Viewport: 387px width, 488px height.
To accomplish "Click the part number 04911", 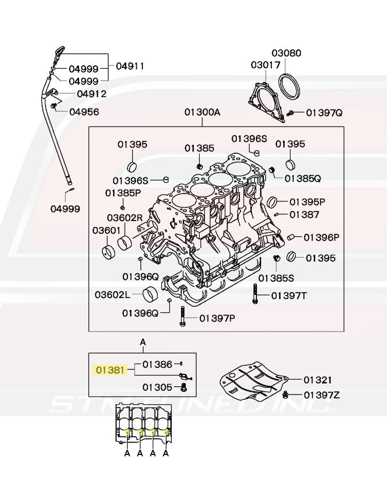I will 130,66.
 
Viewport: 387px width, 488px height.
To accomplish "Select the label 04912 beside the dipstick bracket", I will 91,94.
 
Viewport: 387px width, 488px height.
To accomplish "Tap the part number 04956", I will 84,112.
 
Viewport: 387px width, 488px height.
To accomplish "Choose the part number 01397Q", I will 324,113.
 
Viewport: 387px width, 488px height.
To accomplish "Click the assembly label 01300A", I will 202,113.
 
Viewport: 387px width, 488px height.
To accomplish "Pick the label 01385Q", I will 302,178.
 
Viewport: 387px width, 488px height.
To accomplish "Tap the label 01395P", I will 307,201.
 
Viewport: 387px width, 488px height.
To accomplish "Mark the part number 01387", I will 304,214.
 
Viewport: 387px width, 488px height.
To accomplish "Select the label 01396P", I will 321,238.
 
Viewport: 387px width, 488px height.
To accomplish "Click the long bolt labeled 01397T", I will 254,295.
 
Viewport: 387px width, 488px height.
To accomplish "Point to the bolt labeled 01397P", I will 182,316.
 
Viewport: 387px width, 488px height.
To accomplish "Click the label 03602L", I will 112,294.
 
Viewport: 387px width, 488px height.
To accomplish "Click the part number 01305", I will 157,386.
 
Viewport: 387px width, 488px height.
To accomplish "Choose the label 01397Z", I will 321,395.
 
